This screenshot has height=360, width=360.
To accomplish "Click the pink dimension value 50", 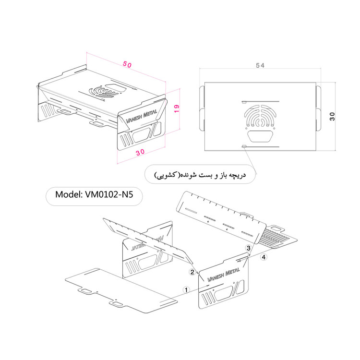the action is click(x=127, y=64).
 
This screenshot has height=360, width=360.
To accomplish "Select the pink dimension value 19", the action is click(x=177, y=108).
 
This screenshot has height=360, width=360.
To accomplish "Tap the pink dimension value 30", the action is click(x=140, y=152).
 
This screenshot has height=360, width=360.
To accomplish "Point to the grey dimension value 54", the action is click(x=260, y=65).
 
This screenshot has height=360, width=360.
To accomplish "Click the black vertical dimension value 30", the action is click(x=332, y=117).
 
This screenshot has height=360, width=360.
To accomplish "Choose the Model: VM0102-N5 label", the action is click(x=94, y=195).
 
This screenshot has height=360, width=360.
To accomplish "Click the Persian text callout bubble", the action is click(x=200, y=175).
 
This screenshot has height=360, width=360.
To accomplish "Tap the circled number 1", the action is click(x=186, y=290).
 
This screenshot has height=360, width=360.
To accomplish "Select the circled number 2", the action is click(x=192, y=272).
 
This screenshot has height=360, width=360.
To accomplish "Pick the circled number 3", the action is click(x=249, y=248).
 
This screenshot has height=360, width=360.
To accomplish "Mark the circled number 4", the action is click(x=264, y=257).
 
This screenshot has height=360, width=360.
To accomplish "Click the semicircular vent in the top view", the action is click(x=260, y=116).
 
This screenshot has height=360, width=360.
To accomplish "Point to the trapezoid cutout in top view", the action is click(x=260, y=136).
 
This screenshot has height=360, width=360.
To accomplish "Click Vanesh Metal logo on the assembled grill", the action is click(x=142, y=116).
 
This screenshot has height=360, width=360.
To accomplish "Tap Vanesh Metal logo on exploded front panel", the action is click(x=223, y=275).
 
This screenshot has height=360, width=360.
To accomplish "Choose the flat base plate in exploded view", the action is click(x=121, y=291).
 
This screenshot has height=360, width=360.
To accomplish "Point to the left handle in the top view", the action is click(x=202, y=108).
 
